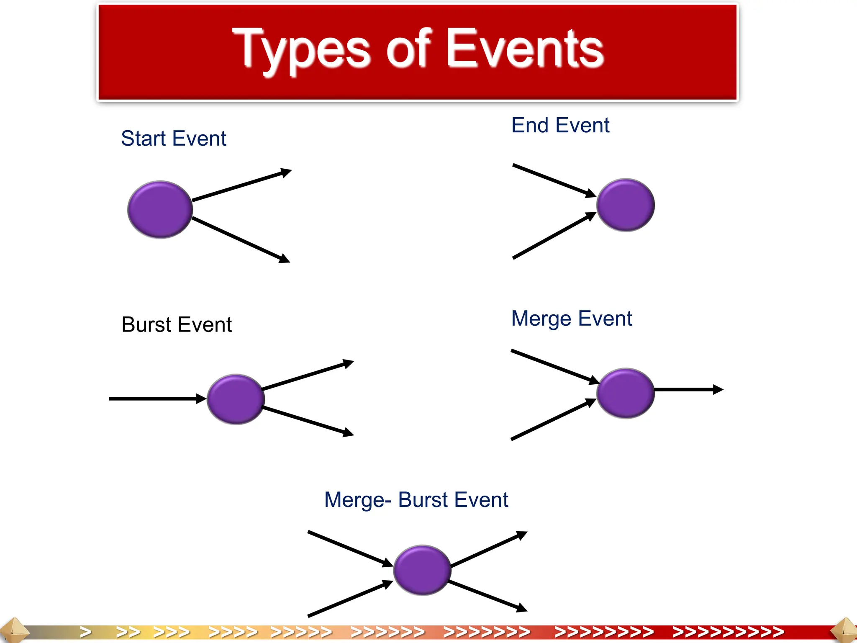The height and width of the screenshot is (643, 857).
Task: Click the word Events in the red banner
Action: pos(525,49)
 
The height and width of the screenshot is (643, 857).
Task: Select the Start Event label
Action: pos(173,139)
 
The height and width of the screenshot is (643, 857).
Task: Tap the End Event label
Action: pos(560,125)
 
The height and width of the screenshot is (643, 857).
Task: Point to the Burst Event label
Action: pos(176,324)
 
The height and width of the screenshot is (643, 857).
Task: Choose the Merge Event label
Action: pos(571,319)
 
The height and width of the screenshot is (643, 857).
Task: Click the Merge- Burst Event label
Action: pos(416,500)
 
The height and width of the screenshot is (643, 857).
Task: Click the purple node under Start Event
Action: pos(160,209)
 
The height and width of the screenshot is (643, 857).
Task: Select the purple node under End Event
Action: pos(625,205)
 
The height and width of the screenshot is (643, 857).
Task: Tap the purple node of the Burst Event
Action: pos(236,399)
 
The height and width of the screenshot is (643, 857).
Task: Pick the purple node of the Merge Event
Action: pos(625,393)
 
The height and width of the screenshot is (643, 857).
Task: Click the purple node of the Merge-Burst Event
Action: pos(422,570)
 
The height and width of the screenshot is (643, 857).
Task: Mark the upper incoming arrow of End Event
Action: pos(552,180)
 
